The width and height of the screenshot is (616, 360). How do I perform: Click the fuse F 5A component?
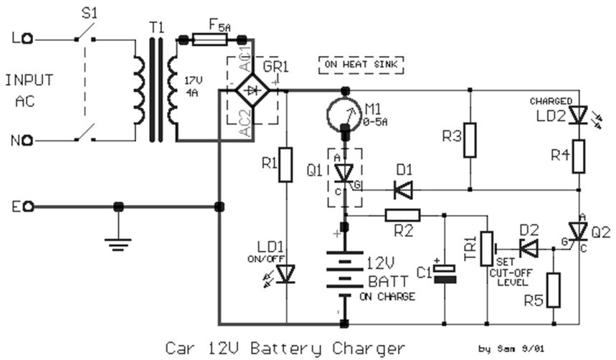click(x=209, y=39)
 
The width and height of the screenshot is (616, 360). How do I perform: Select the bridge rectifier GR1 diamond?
click(x=252, y=91)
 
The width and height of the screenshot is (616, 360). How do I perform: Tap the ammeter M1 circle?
click(x=343, y=114)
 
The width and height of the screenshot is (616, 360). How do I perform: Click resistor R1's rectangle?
click(x=285, y=165)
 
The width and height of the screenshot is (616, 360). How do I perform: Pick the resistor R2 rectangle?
click(x=402, y=215)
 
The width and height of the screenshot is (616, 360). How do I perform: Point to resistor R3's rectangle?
click(x=470, y=140)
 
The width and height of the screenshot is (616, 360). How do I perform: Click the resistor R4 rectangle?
click(x=578, y=156)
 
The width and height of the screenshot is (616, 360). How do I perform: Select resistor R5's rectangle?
click(x=554, y=290)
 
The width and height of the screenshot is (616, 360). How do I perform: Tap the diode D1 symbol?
click(x=403, y=190)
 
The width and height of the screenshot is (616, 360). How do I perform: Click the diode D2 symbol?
click(x=529, y=248)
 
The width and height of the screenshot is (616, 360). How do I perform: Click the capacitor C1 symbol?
click(x=445, y=274)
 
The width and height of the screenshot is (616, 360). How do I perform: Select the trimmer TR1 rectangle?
click(x=487, y=248)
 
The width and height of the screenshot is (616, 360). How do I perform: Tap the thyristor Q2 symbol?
click(x=578, y=232)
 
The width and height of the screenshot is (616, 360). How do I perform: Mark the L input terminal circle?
click(x=28, y=39)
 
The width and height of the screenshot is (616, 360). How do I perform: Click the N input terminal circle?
click(x=28, y=140)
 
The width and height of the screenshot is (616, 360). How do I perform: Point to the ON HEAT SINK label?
click(x=361, y=65)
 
